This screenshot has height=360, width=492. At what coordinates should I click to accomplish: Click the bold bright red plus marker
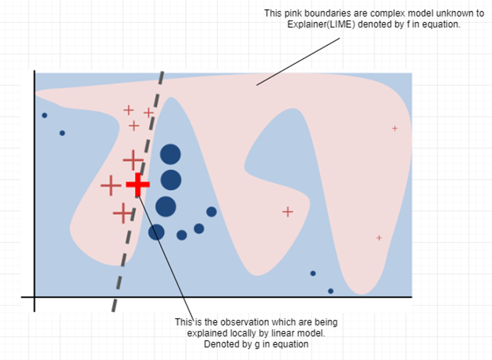click(138, 184)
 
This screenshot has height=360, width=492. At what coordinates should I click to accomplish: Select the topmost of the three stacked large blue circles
click(170, 154)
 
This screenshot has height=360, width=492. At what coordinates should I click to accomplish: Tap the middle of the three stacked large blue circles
click(171, 180)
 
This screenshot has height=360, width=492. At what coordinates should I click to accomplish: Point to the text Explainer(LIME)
click(321, 24)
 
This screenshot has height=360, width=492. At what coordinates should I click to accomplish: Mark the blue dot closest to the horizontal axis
click(330, 291)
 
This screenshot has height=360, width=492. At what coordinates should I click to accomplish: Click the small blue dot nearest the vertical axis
click(45, 115)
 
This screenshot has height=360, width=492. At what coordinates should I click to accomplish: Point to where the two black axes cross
click(35, 297)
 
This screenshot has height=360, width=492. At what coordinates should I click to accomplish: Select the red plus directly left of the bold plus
click(110, 185)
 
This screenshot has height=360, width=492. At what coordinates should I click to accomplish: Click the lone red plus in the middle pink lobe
click(288, 212)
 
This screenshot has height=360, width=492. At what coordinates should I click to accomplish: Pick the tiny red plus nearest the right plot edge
click(395, 128)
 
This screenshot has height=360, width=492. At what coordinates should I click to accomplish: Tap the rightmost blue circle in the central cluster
click(211, 212)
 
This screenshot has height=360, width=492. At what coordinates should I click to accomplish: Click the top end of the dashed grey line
click(163, 72)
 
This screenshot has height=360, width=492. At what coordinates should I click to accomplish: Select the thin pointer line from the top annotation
click(298, 61)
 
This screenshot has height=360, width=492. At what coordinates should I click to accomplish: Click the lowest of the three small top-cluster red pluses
click(134, 126)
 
